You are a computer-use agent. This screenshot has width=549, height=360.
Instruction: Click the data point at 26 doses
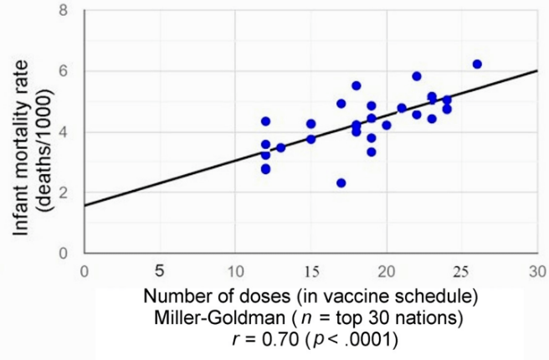[477, 64]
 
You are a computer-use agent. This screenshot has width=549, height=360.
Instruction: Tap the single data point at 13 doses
[281, 147]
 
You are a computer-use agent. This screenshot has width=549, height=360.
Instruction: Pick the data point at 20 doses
[387, 126]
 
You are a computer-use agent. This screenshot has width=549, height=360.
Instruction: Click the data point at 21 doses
[402, 108]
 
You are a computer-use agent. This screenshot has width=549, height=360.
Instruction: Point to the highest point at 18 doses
[357, 85]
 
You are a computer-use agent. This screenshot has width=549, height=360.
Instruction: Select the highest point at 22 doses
[417, 76]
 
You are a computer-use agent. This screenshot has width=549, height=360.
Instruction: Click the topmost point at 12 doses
[266, 121]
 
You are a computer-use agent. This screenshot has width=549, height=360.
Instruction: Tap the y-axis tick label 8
[67, 11]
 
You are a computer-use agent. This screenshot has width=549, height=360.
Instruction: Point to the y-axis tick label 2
[67, 193]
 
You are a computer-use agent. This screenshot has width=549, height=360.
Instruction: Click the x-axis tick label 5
[159, 271]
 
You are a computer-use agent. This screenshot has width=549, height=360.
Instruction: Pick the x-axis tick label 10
[234, 271]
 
